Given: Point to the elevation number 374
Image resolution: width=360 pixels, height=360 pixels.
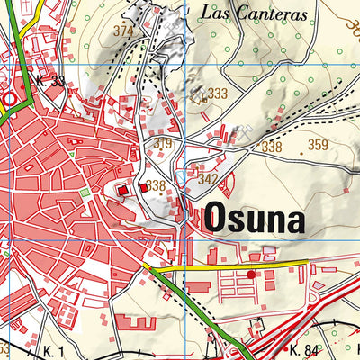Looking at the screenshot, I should (x=123, y=30).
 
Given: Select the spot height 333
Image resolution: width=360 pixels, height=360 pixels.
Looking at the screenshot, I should (x=217, y=94).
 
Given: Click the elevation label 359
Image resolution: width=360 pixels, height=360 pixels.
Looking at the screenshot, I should (x=318, y=145).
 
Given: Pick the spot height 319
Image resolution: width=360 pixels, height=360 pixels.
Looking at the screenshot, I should (x=163, y=144).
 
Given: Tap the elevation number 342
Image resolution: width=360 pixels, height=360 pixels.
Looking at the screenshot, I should (x=207, y=180).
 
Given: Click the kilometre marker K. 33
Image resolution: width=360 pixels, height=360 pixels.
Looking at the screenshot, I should (x=50, y=81).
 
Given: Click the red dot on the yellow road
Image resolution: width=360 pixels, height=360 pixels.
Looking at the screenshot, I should (x=251, y=274).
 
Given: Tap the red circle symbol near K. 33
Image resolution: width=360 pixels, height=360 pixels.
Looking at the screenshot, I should (x=10, y=98).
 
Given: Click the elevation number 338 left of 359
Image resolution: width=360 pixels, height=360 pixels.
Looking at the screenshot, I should (x=272, y=147).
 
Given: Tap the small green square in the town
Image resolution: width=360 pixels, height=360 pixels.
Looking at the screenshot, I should (x=85, y=192).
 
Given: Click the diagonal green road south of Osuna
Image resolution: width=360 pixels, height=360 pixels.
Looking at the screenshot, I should (x=193, y=306).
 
